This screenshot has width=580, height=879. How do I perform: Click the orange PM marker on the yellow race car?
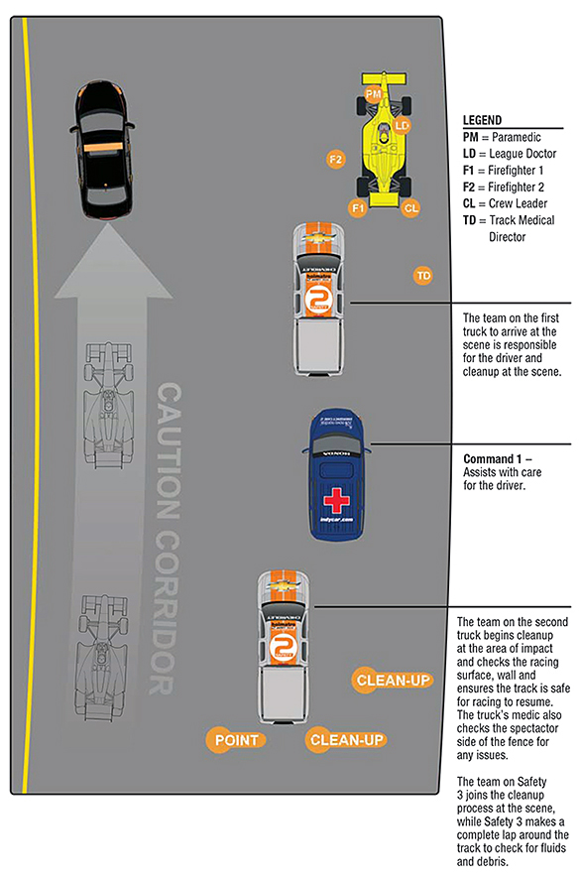pos(373,93)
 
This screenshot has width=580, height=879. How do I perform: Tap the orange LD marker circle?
pos(402,126)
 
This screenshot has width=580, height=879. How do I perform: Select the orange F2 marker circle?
pos(336,159)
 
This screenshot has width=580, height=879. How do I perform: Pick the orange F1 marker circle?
pos(358,207)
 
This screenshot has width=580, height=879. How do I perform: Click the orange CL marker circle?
pos(410,207)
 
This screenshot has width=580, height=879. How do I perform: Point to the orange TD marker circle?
pos(423,274)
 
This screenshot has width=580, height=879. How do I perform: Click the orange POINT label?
pos(236,739)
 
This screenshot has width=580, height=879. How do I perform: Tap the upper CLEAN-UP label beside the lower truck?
pos(393,680)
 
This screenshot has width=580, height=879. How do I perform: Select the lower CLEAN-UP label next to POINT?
pos(346,739)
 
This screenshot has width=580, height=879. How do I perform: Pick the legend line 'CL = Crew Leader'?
pos(509,202)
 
